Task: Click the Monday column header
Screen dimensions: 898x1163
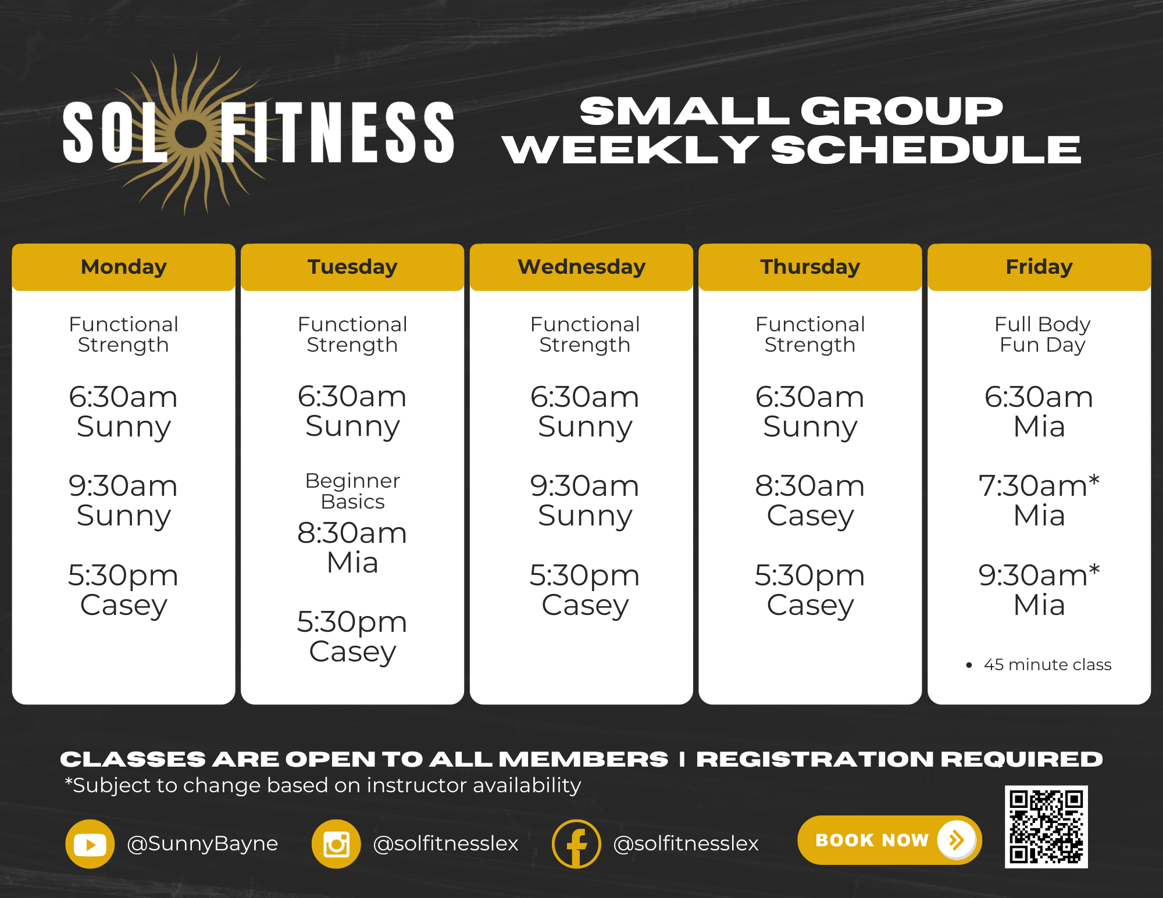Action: click(x=123, y=267)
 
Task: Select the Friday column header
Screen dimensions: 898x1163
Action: click(x=1039, y=267)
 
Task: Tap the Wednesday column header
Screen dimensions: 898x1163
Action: click(x=581, y=267)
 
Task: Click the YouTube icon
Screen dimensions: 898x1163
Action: click(x=90, y=843)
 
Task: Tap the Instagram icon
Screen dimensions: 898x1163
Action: click(x=336, y=843)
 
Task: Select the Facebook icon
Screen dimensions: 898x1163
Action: click(x=576, y=843)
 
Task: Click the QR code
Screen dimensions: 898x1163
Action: click(x=1046, y=827)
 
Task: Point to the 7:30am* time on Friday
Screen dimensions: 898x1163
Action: click(x=1039, y=486)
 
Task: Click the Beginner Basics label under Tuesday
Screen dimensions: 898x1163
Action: click(x=352, y=491)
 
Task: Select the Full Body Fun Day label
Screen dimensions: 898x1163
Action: click(x=1042, y=334)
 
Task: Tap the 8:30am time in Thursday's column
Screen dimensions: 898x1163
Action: click(x=809, y=486)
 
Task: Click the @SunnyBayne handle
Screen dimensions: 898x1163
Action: click(x=202, y=843)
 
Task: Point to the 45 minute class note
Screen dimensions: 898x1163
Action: click(x=1047, y=664)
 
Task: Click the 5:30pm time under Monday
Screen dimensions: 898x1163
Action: click(x=123, y=575)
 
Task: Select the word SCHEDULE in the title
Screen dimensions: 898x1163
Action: click(x=926, y=150)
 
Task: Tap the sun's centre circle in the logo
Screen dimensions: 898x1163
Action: click(x=191, y=134)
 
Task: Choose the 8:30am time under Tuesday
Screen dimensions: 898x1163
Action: click(x=352, y=533)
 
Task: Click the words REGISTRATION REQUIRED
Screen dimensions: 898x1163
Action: click(x=899, y=759)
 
